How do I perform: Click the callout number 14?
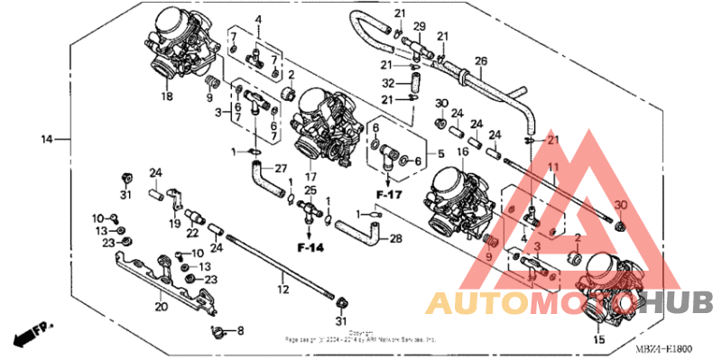[46, 139]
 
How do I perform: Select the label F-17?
[389, 193]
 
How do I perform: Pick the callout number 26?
[481, 61]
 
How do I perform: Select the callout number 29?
[419, 25]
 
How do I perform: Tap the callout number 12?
[282, 289]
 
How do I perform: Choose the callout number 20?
[162, 306]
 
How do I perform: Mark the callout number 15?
[597, 340]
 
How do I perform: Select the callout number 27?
[280, 168]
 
